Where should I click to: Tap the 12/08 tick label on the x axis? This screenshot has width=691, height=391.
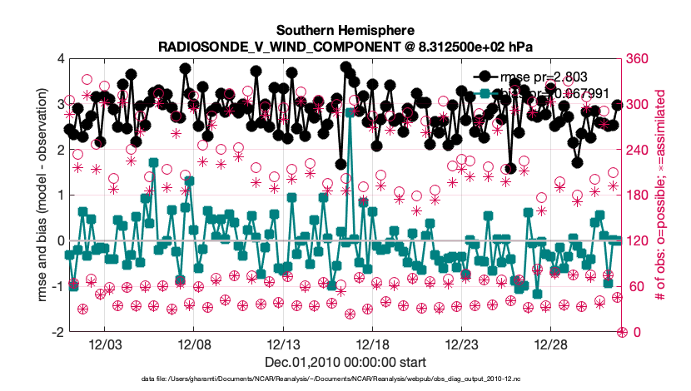pyautogui.click(x=193, y=344)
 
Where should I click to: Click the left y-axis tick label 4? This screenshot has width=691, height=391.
pyautogui.click(x=61, y=59)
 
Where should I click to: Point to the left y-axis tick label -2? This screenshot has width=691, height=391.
pyautogui.click(x=58, y=332)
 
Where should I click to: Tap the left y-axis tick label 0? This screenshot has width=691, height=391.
pyautogui.click(x=61, y=241)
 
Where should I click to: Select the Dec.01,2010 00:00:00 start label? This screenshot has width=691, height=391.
pyautogui.click(x=345, y=362)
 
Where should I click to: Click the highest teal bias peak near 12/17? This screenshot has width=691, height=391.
pyautogui.click(x=350, y=111)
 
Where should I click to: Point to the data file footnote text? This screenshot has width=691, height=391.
pyautogui.click(x=345, y=379)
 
